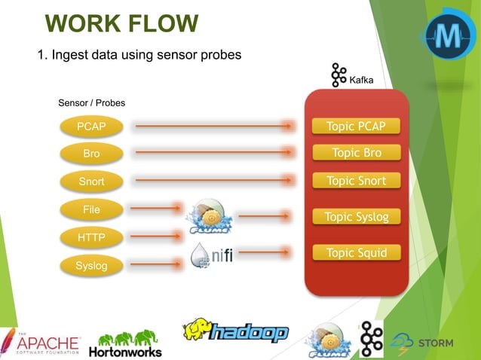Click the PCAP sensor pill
[91, 127]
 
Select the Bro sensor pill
[91, 154]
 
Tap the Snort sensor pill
[91, 182]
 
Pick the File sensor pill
[91, 209]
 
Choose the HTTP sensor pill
[91, 238]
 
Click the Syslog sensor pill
[91, 266]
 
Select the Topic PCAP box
[356, 126]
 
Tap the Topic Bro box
[356, 153]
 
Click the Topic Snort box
[356, 181]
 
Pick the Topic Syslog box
[356, 217]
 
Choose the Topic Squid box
[356, 253]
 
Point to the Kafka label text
[361, 80]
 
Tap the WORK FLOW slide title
[121, 24]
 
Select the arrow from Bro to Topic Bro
[214, 154]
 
